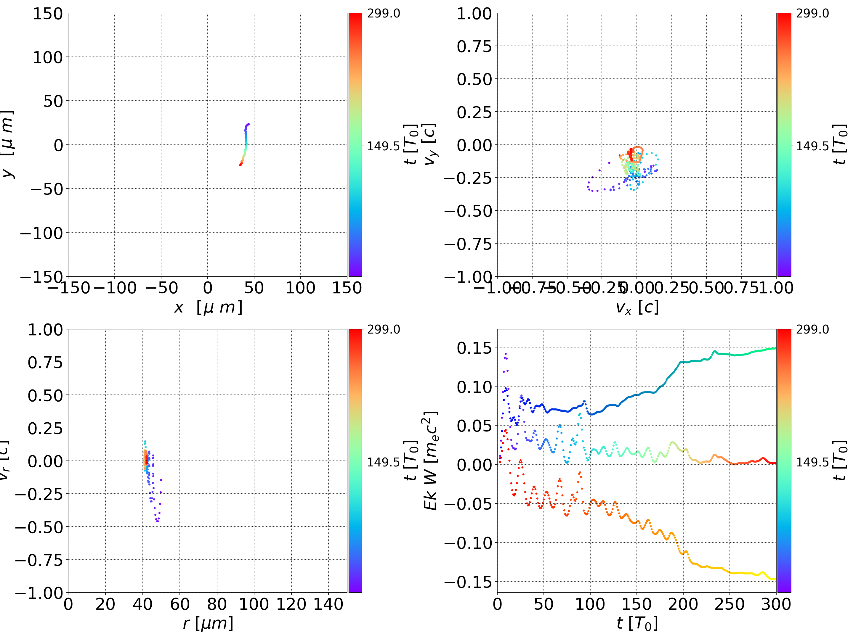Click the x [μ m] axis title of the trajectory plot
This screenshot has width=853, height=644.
[x=208, y=307]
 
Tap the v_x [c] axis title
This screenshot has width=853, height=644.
[x=637, y=307]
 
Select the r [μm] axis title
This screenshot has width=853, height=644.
[x=208, y=623]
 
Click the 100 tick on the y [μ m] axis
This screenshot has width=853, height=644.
[x=47, y=57]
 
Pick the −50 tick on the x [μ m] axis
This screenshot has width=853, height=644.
[x=161, y=288]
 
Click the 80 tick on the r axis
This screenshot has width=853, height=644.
[x=217, y=604]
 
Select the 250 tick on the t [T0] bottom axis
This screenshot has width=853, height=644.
[x=729, y=604]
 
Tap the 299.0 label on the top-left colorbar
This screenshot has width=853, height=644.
[x=383, y=14]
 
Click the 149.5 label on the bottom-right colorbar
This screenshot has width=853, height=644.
[x=812, y=462]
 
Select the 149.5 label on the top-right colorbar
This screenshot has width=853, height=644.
[x=812, y=146]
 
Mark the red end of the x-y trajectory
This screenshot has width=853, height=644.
[x=240, y=165]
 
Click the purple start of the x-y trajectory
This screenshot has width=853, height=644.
[x=248, y=124]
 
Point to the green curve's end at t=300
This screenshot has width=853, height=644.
[x=775, y=348]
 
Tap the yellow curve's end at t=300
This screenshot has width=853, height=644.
[x=775, y=579]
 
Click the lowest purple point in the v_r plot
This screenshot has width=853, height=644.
[x=157, y=521]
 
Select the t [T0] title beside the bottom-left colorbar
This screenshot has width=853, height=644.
[x=411, y=461]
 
